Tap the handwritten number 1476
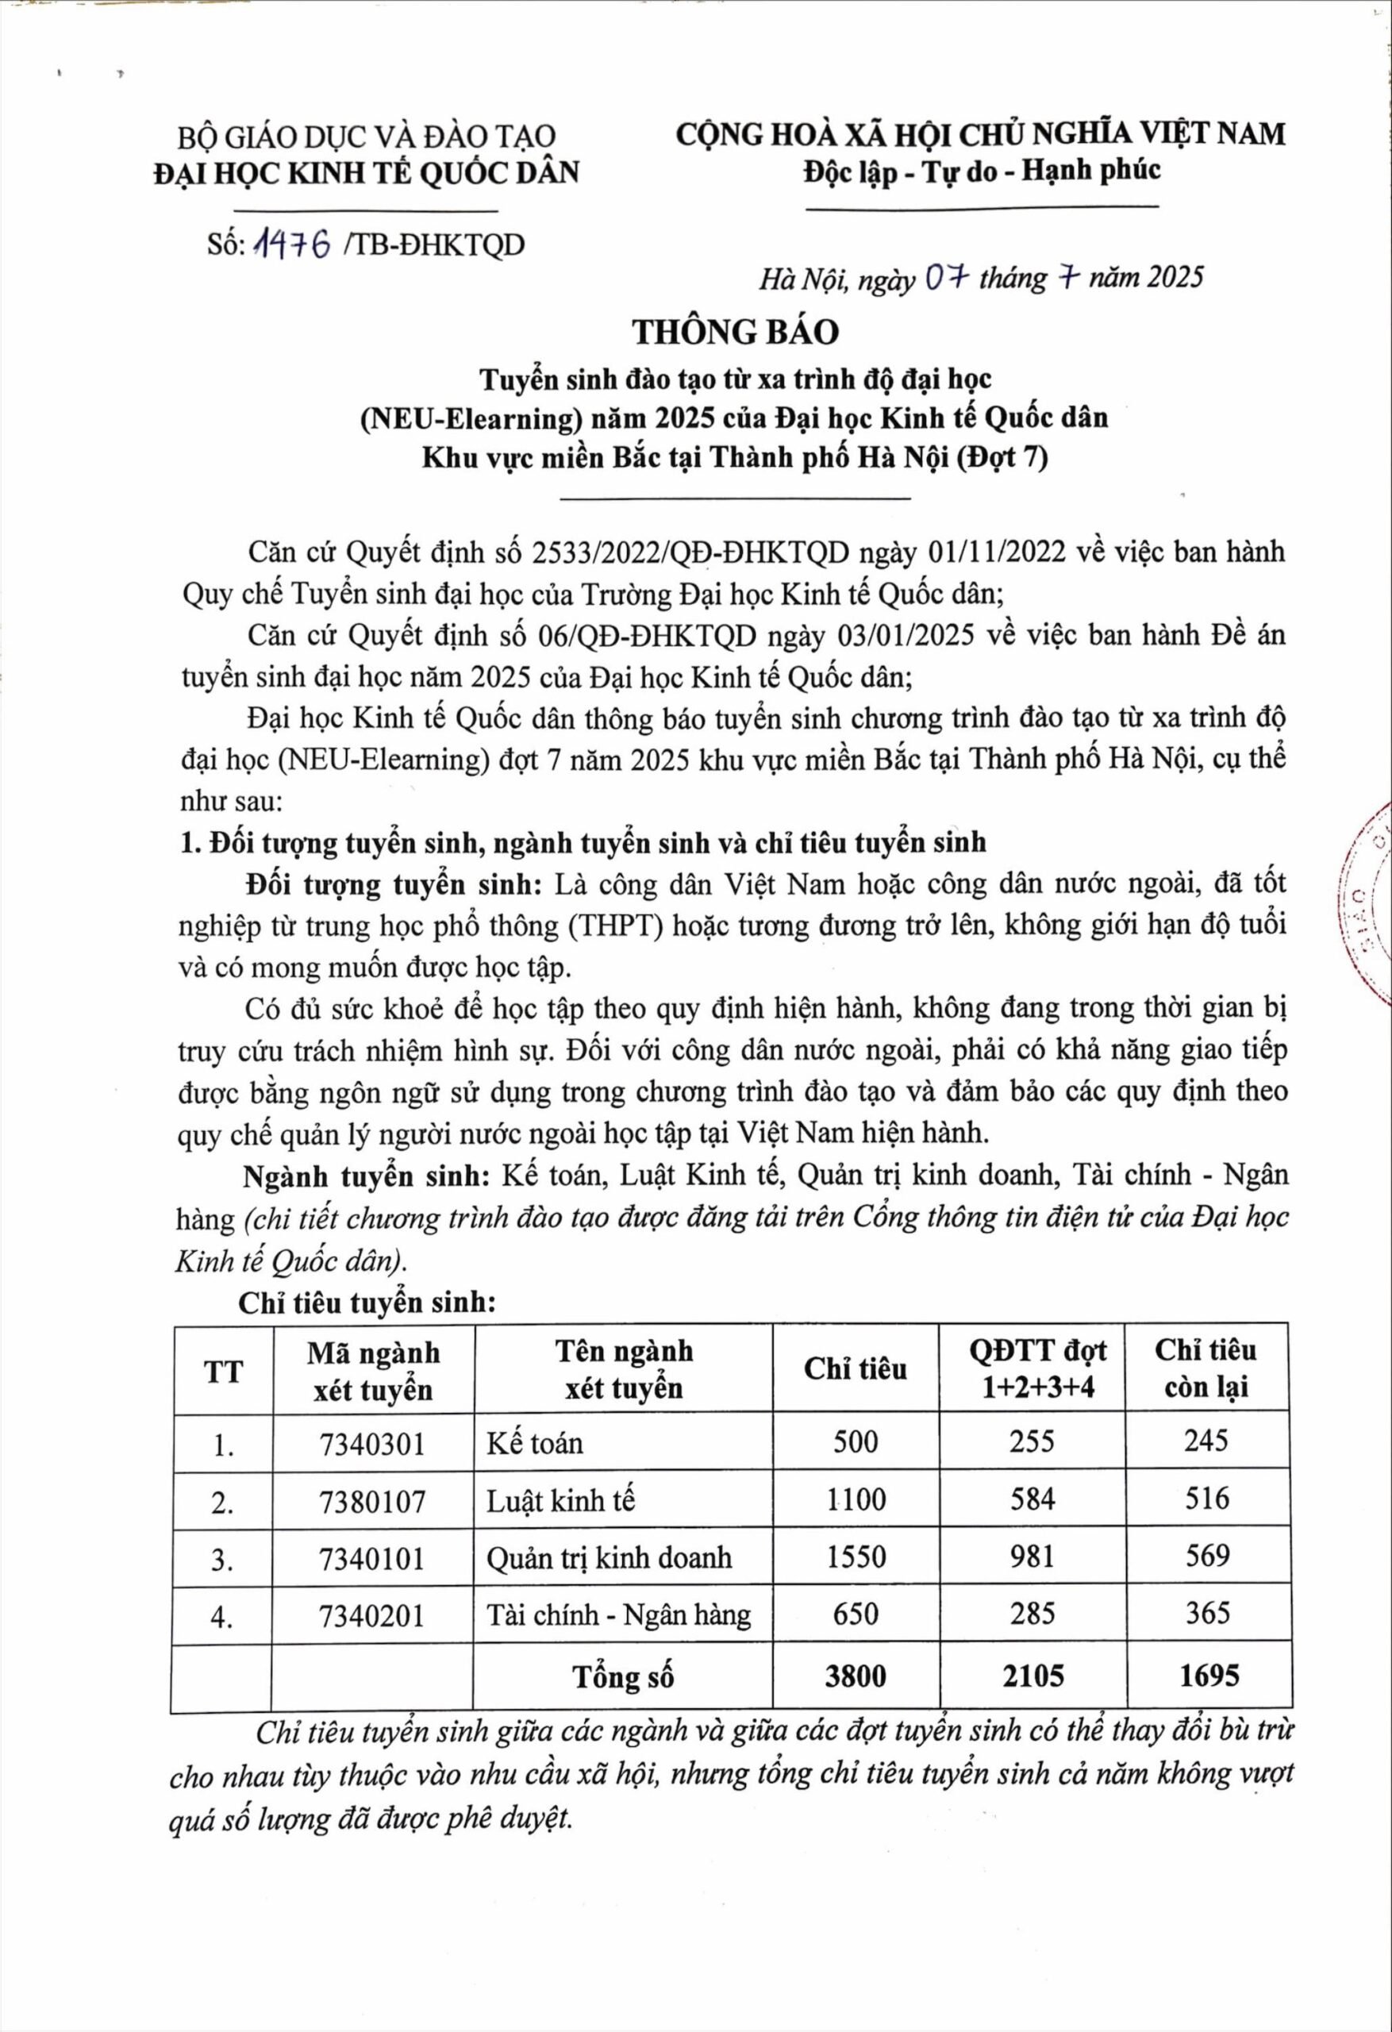pos(292,247)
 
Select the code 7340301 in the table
pos(372,1443)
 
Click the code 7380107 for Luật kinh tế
pos(372,1501)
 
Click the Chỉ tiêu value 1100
pos(856,1500)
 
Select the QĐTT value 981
pos(1032,1557)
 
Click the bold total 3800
pos(856,1676)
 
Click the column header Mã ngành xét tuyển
pos(373,1371)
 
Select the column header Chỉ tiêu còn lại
pos(1206,1368)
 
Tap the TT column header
pos(224,1371)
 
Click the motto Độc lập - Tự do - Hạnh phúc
pos(982,171)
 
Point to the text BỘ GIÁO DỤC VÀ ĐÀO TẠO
pos(367,137)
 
